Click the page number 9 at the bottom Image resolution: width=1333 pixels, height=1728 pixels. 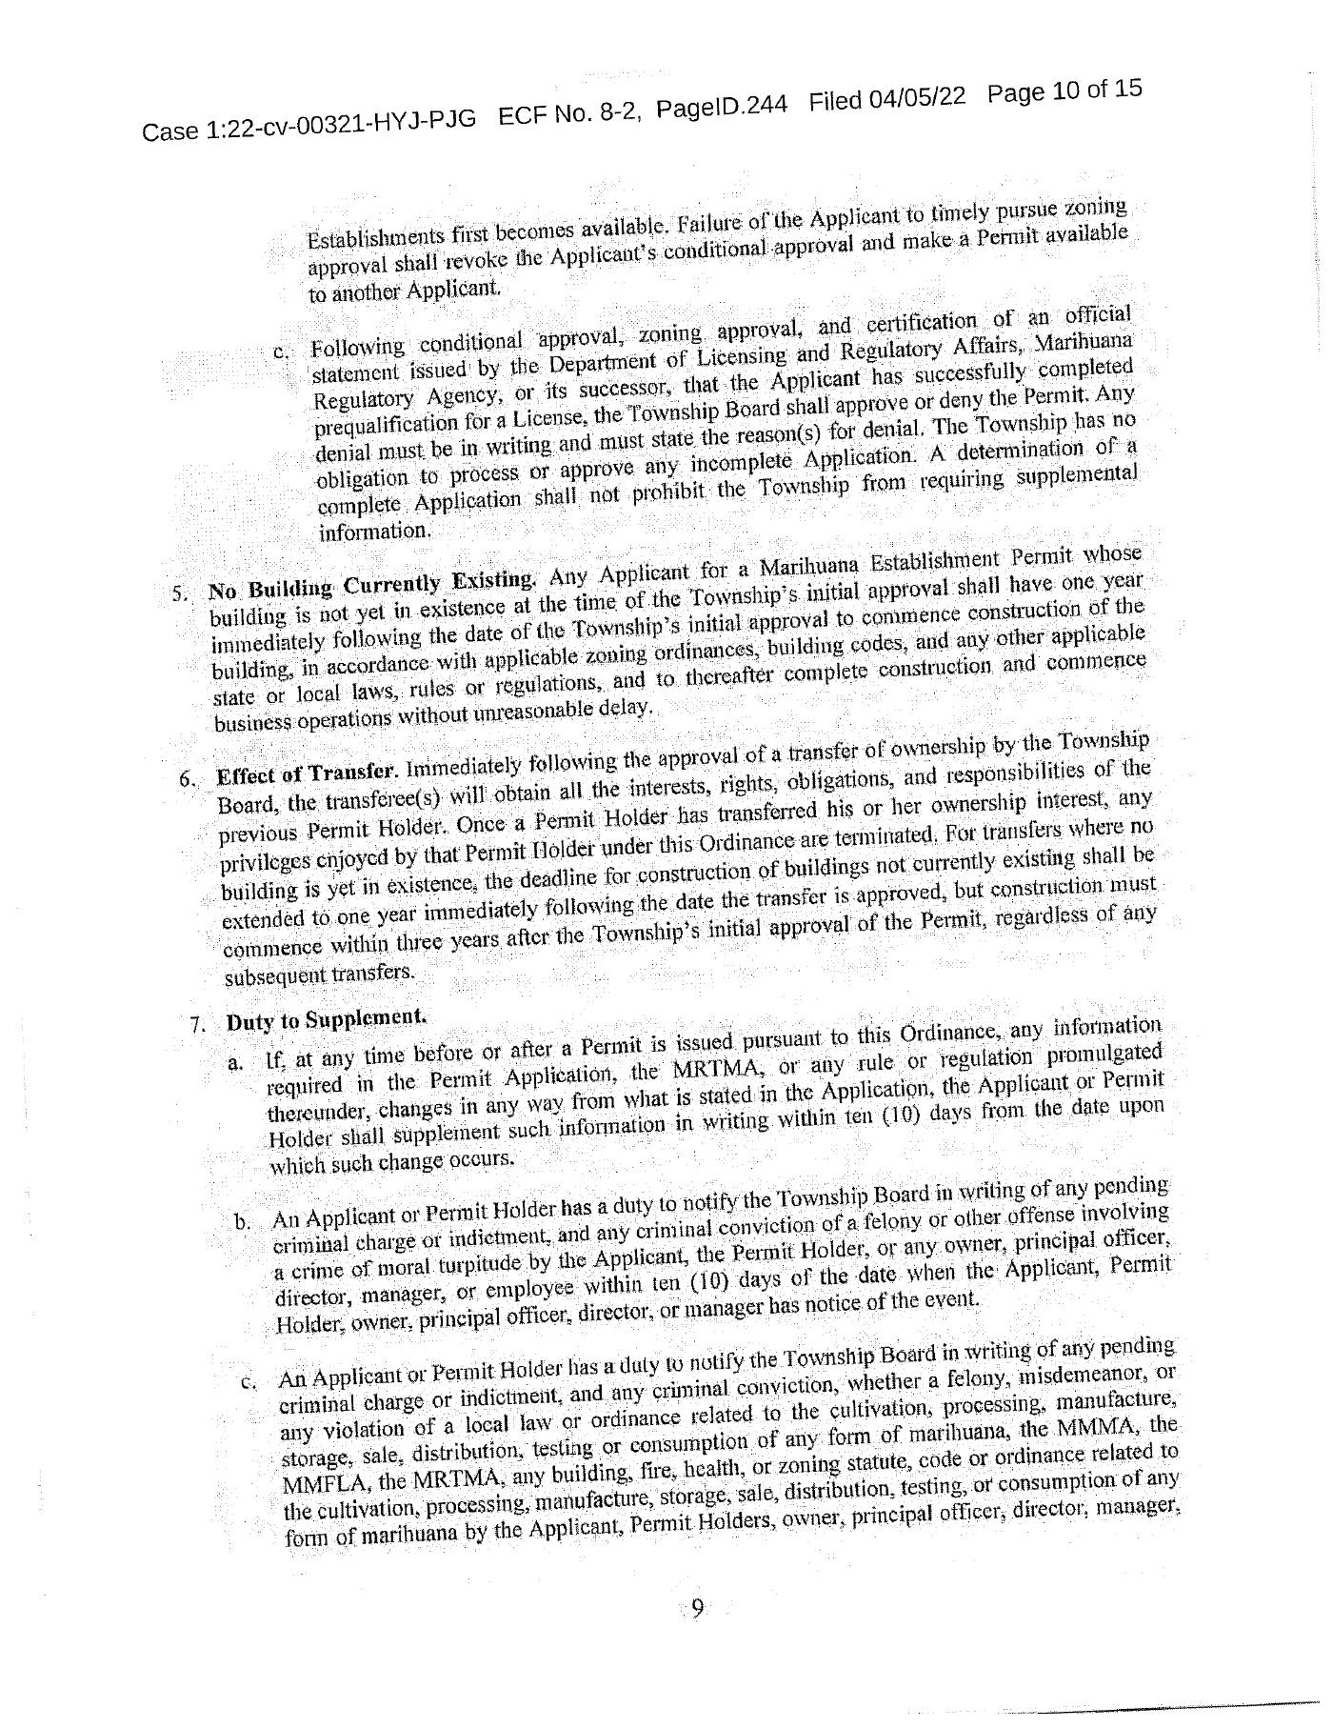(x=697, y=1609)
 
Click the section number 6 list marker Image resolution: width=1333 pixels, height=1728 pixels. (x=187, y=778)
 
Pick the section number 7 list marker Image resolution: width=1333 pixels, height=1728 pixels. (x=197, y=1026)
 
